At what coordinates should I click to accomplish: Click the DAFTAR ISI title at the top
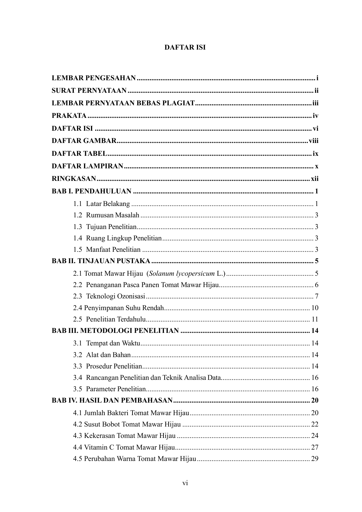[x=185, y=48]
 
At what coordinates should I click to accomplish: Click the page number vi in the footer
[x=185, y=483]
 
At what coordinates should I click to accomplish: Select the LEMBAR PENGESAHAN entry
[x=94, y=78]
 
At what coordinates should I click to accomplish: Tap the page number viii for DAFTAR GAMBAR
[x=314, y=141]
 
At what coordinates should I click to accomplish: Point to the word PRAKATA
[x=69, y=116]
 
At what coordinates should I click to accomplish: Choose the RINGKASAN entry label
[x=74, y=179]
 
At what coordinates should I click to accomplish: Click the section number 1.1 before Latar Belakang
[x=77, y=204]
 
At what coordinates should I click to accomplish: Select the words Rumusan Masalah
[x=113, y=215]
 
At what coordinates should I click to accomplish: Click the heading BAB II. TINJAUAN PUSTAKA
[x=101, y=261]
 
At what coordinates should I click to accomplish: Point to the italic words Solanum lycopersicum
[x=182, y=274]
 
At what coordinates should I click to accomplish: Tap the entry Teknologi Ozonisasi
[x=116, y=296]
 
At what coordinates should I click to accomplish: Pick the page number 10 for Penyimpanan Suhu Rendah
[x=315, y=308]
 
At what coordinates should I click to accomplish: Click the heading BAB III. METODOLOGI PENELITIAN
[x=115, y=331]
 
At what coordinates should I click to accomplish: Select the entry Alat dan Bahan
[x=108, y=355]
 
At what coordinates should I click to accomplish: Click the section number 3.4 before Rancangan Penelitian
[x=77, y=378]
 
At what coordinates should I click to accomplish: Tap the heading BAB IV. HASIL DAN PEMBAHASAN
[x=112, y=400]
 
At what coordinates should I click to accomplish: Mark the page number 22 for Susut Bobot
[x=315, y=424]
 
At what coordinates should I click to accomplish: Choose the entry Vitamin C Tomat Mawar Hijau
[x=129, y=447]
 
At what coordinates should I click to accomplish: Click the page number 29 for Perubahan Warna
[x=315, y=459]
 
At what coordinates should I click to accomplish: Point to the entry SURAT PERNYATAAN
[x=89, y=91]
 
